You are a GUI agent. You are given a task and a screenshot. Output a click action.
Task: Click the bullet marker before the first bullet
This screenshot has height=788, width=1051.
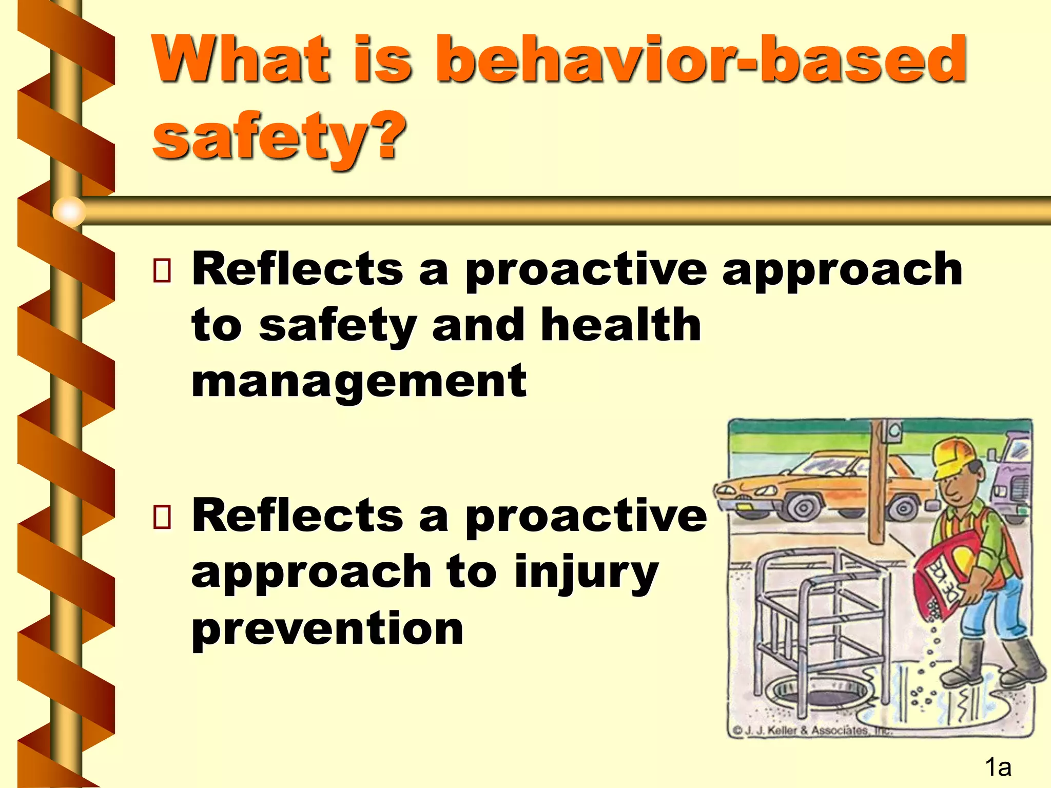click(x=162, y=270)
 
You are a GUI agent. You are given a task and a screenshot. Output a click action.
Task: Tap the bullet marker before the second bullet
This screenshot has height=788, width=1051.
click(x=162, y=517)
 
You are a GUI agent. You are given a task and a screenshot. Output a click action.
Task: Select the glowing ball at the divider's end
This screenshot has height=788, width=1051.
click(x=69, y=211)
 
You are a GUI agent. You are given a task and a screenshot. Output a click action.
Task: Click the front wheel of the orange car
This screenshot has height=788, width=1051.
click(x=803, y=508)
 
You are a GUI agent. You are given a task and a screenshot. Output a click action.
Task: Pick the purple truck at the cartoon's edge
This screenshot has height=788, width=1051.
click(x=1011, y=477)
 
